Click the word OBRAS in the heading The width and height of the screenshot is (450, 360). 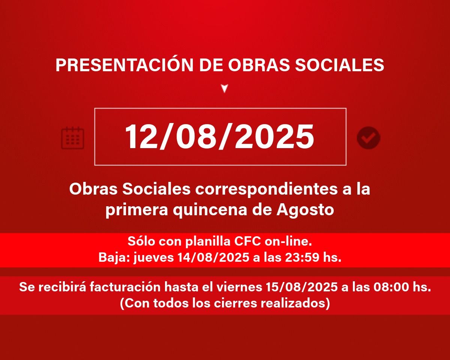click(259, 65)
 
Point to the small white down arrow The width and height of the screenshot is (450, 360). click(225, 88)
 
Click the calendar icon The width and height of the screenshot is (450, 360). click(72, 138)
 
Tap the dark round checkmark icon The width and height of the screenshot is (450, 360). click(369, 138)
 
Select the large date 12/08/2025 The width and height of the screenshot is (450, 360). click(219, 136)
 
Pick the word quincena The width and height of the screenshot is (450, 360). click(210, 210)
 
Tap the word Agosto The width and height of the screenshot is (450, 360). click(305, 210)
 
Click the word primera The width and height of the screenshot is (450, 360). click(137, 210)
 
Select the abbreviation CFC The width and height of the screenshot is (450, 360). click(247, 241)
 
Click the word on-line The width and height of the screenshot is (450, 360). click(288, 241)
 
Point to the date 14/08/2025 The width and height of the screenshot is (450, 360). click(213, 257)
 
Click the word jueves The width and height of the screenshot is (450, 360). click(154, 258)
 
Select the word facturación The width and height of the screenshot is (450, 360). click(125, 287)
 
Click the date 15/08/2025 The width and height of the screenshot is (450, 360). click(302, 287)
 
